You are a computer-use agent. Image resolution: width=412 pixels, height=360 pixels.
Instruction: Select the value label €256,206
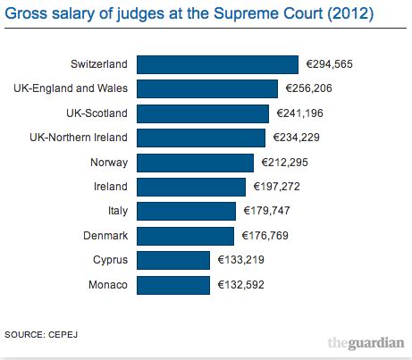[310, 89]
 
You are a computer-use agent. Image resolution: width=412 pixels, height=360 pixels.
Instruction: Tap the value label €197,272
[278, 187]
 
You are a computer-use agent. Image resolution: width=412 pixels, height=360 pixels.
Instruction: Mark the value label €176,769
[266, 236]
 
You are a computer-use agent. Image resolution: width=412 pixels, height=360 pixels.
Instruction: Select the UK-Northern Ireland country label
[80, 138]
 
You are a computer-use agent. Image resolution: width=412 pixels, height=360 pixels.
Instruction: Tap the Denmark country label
[106, 236]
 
